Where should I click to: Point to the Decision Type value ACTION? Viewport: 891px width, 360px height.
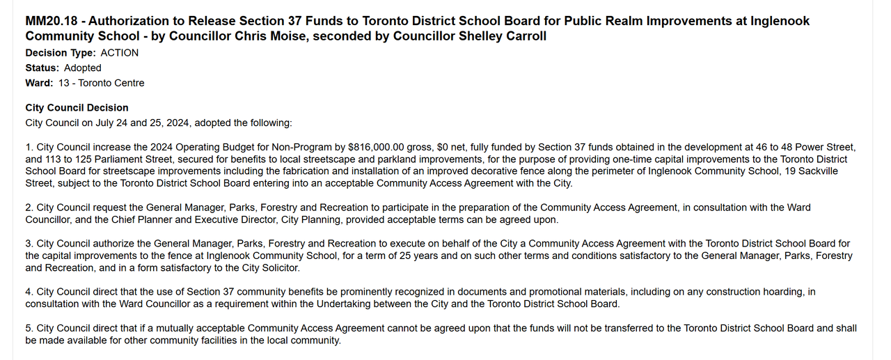tap(120, 53)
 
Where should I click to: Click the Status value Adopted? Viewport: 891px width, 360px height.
tap(83, 68)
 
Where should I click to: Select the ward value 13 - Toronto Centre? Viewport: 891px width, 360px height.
tap(102, 84)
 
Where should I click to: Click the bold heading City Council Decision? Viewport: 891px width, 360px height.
tap(77, 108)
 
